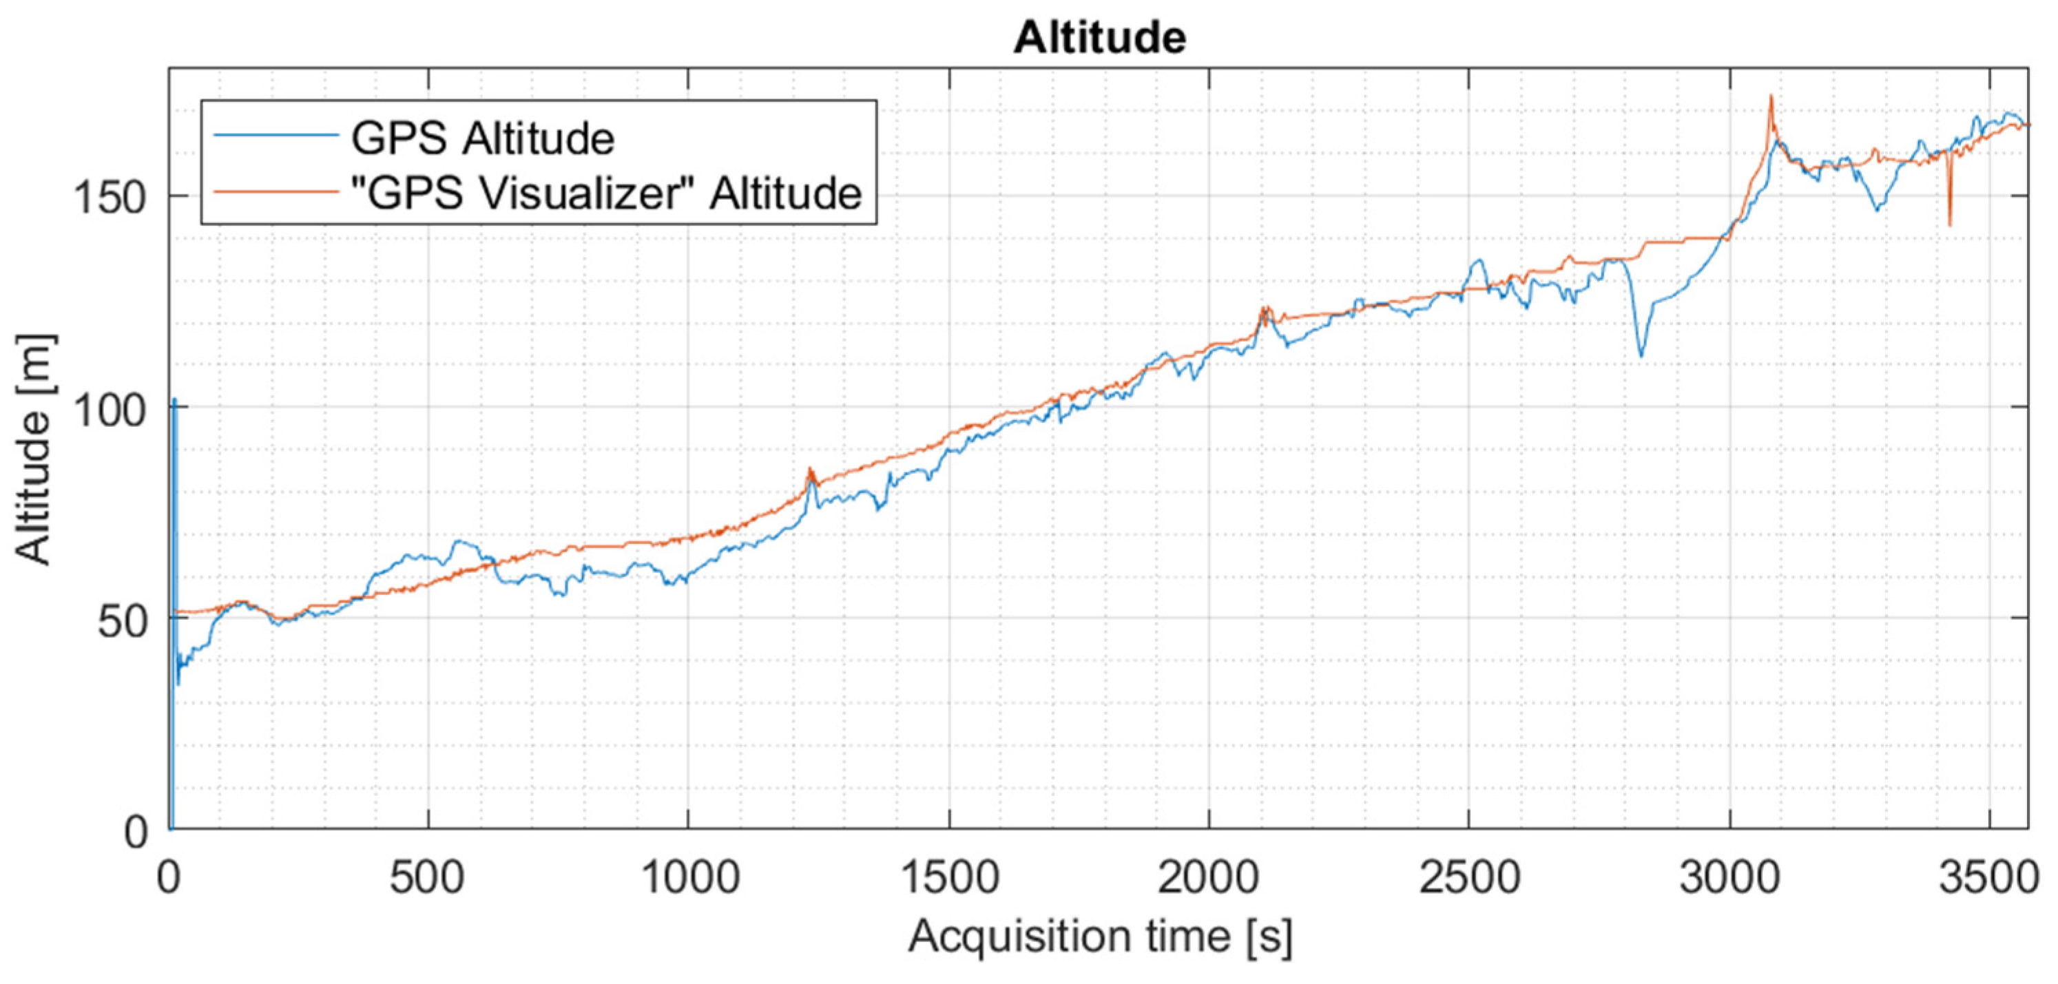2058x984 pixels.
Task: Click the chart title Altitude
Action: click(1099, 38)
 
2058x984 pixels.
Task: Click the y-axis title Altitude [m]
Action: click(34, 450)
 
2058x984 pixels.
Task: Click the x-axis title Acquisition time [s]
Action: click(1099, 937)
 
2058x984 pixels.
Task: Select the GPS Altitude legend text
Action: click(483, 138)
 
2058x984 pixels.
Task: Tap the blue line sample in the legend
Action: click(276, 136)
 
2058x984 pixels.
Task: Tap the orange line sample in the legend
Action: click(276, 191)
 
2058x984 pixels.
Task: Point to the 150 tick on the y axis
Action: click(119, 196)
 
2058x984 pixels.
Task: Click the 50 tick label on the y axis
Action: click(124, 619)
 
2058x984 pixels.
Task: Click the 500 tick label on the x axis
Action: click(428, 877)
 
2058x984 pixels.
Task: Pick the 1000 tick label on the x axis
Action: click(689, 877)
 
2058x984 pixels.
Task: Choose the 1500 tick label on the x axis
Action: click(949, 877)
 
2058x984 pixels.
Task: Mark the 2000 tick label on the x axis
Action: click(1209, 877)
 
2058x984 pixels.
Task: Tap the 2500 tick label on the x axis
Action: click(1469, 877)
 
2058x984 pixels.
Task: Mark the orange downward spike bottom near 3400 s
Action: click(1950, 224)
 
